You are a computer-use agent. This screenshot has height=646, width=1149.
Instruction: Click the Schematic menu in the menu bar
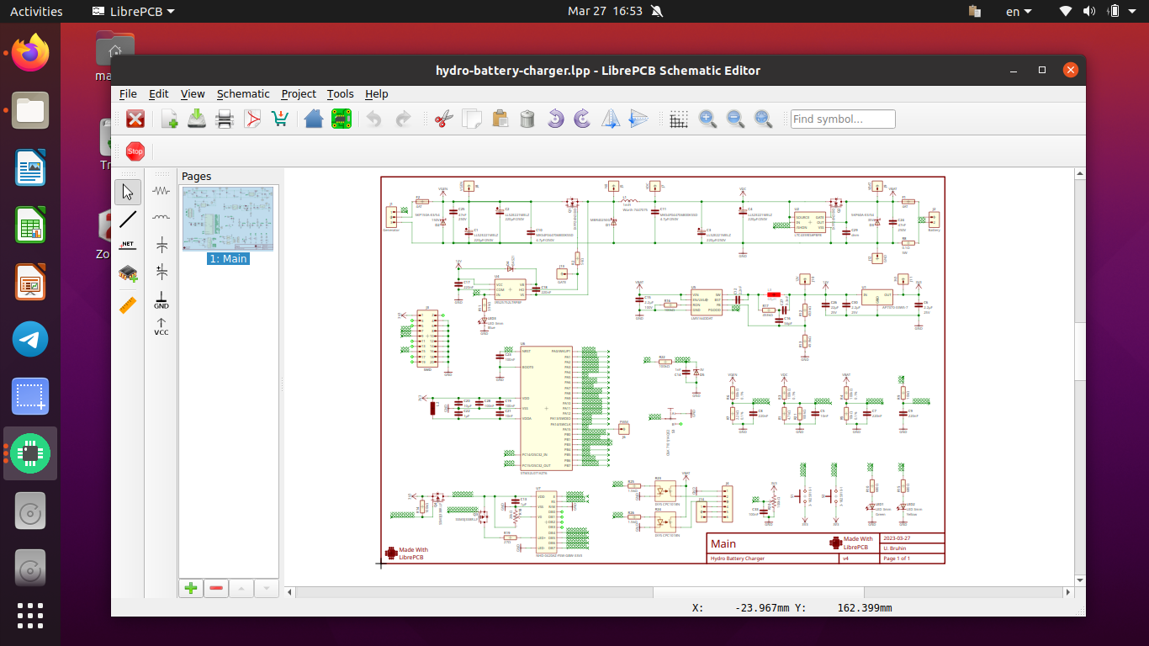point(243,94)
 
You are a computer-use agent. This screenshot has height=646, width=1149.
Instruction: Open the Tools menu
point(340,94)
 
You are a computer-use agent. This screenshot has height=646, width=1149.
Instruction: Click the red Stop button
point(135,151)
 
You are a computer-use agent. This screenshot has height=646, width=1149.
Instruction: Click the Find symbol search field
point(842,119)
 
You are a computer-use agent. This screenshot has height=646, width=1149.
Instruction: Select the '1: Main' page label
point(228,259)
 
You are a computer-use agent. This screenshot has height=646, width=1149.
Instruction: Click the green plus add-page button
point(191,588)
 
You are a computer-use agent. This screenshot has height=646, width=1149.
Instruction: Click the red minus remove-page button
point(216,588)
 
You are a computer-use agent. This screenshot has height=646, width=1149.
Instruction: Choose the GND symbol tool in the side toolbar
point(161,300)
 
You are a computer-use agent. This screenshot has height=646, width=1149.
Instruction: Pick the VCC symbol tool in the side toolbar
point(161,326)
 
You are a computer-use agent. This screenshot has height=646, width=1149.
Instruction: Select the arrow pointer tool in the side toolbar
point(128,192)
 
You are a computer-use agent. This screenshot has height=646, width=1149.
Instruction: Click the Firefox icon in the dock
point(30,54)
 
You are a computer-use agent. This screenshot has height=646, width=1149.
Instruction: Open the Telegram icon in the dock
point(30,340)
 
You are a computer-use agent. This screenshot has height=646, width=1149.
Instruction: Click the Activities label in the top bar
point(36,12)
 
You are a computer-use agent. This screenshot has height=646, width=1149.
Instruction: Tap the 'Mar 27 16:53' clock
point(605,12)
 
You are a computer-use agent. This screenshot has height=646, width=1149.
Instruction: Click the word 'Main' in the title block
point(723,543)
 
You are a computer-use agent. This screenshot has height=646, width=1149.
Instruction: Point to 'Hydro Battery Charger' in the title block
point(738,559)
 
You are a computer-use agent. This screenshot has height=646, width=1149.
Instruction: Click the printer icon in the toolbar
point(225,119)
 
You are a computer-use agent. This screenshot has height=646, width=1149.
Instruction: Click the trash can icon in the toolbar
point(527,119)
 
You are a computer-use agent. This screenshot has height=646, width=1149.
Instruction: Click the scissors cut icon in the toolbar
point(443,119)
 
